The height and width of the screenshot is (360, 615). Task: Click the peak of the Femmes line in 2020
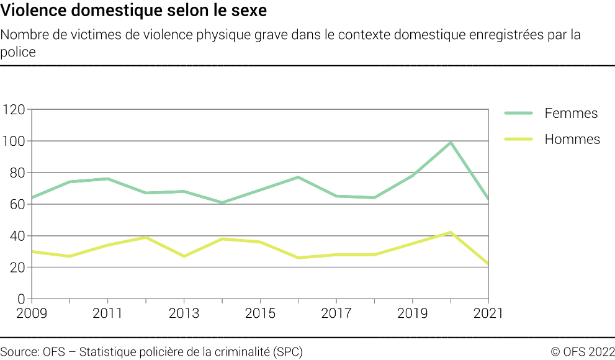[451, 142]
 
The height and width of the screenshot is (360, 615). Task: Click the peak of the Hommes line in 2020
[451, 232]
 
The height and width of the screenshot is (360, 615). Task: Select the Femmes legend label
[571, 113]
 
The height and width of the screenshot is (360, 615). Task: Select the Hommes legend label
[572, 139]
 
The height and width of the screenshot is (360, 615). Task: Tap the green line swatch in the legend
[519, 113]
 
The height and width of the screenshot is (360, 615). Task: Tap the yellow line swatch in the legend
[519, 139]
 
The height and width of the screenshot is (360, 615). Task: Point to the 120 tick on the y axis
[13, 110]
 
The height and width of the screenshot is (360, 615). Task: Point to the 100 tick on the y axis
[13, 142]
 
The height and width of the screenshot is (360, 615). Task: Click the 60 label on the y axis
[17, 205]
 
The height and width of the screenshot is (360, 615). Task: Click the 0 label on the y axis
[20, 299]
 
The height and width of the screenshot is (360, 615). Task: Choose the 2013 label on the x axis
[185, 313]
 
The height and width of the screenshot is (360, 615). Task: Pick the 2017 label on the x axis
[336, 313]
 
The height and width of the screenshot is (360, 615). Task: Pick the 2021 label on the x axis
[488, 313]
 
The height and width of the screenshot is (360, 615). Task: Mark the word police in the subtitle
[18, 52]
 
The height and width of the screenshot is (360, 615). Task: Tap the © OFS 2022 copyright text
[582, 352]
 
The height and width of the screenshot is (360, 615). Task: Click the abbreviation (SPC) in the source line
[288, 352]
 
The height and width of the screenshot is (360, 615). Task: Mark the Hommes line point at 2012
[146, 237]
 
